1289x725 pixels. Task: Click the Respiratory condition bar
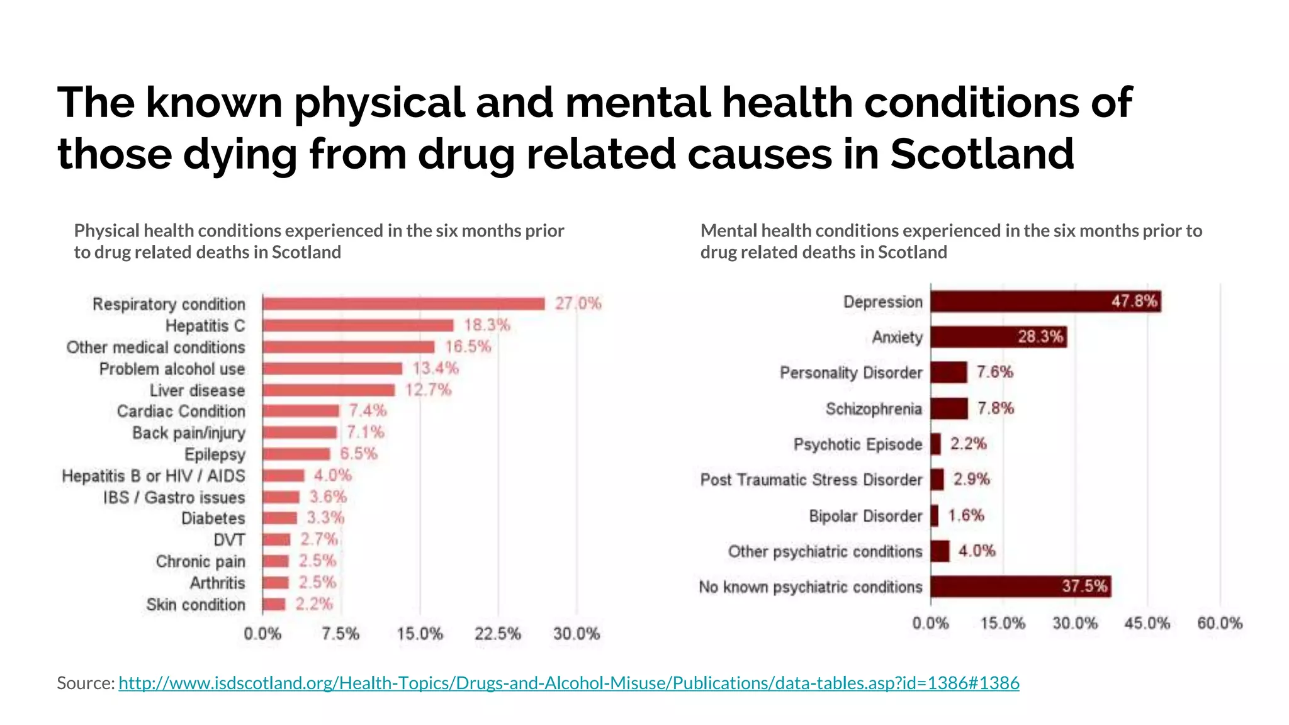click(x=403, y=304)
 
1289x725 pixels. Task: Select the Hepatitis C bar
click(x=357, y=325)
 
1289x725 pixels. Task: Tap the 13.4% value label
click(x=436, y=368)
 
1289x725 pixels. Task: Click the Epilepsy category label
click(x=215, y=454)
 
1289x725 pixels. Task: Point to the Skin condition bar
click(x=274, y=604)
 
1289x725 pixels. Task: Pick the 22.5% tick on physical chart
click(x=498, y=634)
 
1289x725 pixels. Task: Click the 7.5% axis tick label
click(x=341, y=634)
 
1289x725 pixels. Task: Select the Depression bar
click(x=1045, y=301)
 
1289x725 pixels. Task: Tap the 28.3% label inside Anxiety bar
click(x=1040, y=337)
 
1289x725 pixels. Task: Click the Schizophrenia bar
click(x=949, y=408)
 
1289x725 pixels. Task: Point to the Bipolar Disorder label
click(x=865, y=516)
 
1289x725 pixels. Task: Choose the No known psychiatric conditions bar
click(x=1020, y=587)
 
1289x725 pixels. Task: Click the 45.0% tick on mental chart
click(x=1147, y=624)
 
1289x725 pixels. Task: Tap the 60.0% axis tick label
click(x=1220, y=624)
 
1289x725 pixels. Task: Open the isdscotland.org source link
click(x=568, y=683)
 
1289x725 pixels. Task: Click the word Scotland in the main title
click(x=982, y=154)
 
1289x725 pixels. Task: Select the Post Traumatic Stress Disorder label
click(x=811, y=480)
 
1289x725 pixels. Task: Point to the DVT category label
click(x=229, y=540)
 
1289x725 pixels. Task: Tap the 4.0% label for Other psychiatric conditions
click(x=977, y=551)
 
